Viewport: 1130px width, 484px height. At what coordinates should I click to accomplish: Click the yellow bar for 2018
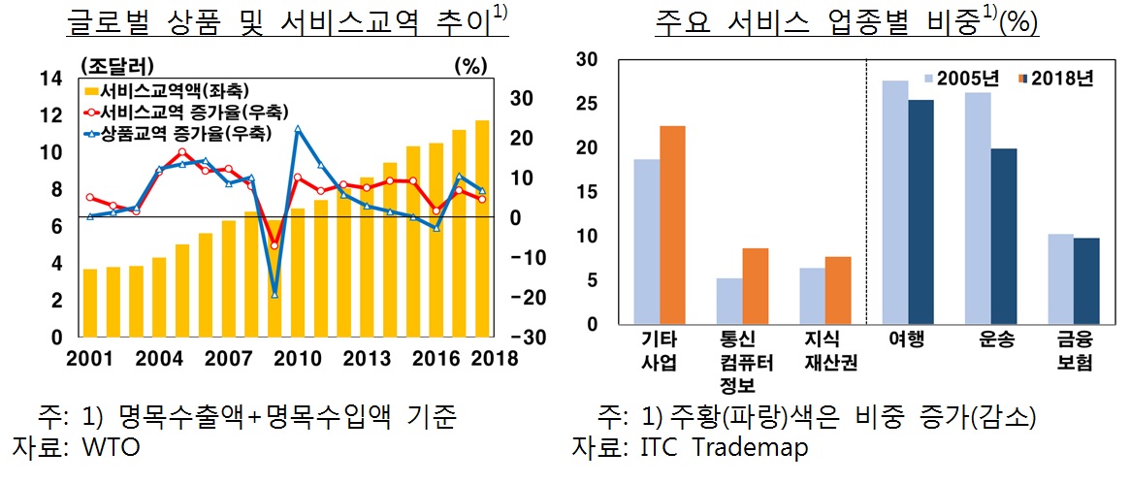click(482, 228)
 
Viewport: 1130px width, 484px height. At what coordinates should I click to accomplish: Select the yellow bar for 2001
click(90, 303)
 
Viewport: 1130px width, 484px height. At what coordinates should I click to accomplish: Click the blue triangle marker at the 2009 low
click(274, 294)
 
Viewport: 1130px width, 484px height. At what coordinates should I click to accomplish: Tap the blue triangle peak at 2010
click(298, 129)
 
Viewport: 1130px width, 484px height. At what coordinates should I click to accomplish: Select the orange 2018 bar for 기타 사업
click(673, 226)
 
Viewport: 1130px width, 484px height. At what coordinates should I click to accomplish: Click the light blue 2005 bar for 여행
click(894, 203)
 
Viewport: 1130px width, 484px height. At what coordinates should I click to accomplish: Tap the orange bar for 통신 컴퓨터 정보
click(756, 287)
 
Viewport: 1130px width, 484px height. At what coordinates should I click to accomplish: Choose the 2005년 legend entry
click(966, 79)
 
